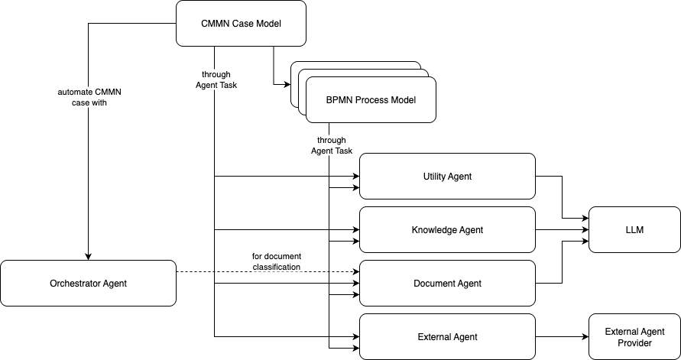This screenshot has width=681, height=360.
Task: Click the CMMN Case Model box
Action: pyautogui.click(x=241, y=24)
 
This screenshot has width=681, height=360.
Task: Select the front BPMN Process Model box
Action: pyautogui.click(x=371, y=100)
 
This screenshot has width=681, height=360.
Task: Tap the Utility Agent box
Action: pyautogui.click(x=447, y=177)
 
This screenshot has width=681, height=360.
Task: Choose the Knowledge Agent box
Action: pyautogui.click(x=447, y=230)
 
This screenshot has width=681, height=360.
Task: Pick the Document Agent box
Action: pyautogui.click(x=447, y=284)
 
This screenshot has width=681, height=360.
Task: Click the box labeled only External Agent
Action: pyautogui.click(x=447, y=337)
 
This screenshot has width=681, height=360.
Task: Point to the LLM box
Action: pyautogui.click(x=634, y=230)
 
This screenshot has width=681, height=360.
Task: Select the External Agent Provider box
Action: pyautogui.click(x=634, y=337)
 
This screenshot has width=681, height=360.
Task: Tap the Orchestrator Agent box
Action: pyautogui.click(x=88, y=284)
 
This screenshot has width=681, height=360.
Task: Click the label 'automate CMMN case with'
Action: pyautogui.click(x=89, y=98)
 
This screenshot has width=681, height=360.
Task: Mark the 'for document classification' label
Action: pyautogui.click(x=276, y=261)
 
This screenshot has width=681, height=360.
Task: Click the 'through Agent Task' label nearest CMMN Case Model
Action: pyautogui.click(x=216, y=80)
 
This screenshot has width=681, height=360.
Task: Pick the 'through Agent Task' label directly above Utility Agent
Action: pyautogui.click(x=332, y=145)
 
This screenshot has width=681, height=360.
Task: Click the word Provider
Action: pyautogui.click(x=634, y=343)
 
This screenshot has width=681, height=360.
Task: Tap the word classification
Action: pyautogui.click(x=276, y=268)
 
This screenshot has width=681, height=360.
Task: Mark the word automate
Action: pyautogui.click(x=76, y=92)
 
